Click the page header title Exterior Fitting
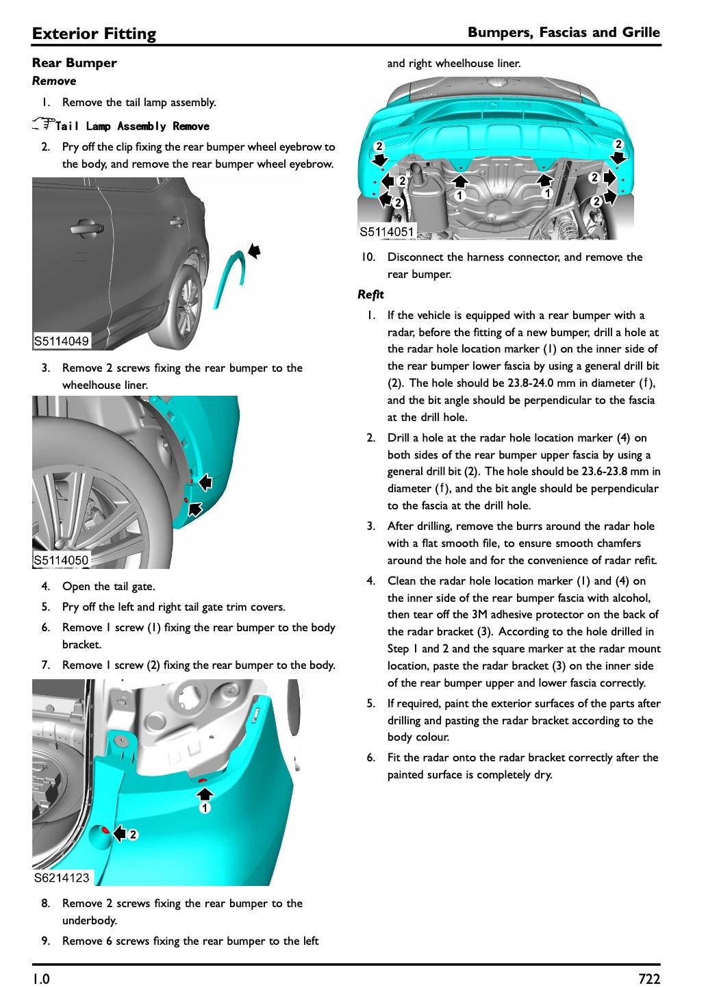[94, 34]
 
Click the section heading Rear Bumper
[74, 63]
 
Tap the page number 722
[648, 979]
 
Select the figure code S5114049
[61, 341]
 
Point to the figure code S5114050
[61, 560]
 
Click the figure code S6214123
[61, 878]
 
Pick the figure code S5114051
[387, 232]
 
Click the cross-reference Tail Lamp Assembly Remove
[132, 126]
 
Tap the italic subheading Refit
[370, 294]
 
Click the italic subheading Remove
[54, 81]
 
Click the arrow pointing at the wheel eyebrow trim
[254, 251]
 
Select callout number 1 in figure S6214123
[204, 809]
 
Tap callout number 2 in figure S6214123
[133, 835]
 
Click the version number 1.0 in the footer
[40, 979]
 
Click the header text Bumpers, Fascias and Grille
[564, 32]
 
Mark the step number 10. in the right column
[368, 257]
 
